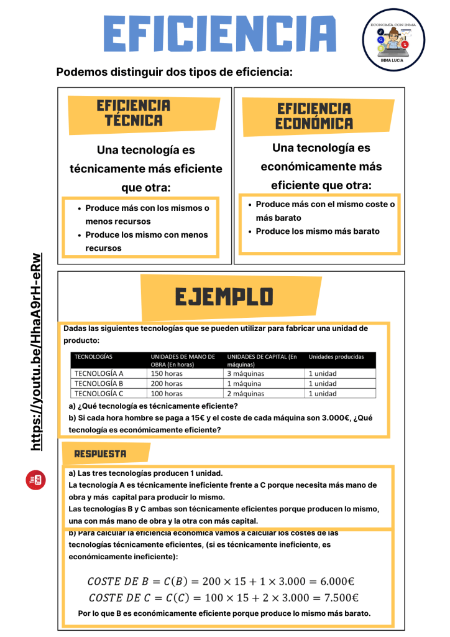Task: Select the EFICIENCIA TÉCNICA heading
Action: pyautogui.click(x=134, y=113)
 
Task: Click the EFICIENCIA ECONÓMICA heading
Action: pyautogui.click(x=314, y=116)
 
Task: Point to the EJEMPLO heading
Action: pyautogui.click(x=224, y=297)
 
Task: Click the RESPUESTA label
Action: pyautogui.click(x=100, y=453)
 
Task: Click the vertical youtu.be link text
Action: pyautogui.click(x=37, y=351)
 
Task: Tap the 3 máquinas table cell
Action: pyautogui.click(x=246, y=373)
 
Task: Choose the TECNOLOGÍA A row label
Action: pyautogui.click(x=99, y=373)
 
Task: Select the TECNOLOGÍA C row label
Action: pyautogui.click(x=99, y=393)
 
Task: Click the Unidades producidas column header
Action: pyautogui.click(x=336, y=356)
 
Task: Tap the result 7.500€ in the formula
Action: pyautogui.click(x=336, y=598)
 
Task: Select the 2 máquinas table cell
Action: pyautogui.click(x=246, y=393)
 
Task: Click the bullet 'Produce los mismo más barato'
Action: pyautogui.click(x=317, y=231)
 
